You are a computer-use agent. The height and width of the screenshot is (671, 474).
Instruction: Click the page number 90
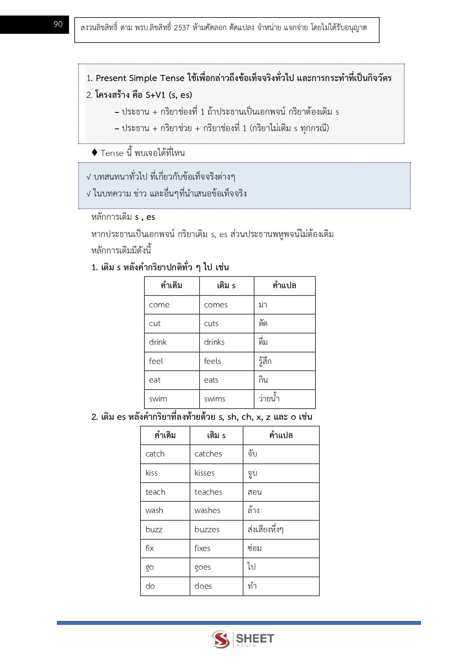click(x=58, y=24)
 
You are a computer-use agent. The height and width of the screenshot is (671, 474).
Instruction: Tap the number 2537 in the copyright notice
click(x=182, y=28)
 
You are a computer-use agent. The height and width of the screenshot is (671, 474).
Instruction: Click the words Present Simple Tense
click(x=140, y=78)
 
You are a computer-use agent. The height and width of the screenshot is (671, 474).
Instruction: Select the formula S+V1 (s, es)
click(x=169, y=95)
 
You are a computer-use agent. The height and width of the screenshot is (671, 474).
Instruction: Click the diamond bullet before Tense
click(x=95, y=153)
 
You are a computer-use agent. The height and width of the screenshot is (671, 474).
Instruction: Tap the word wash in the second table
click(x=154, y=510)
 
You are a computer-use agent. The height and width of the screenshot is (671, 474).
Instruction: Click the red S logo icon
click(x=221, y=639)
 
